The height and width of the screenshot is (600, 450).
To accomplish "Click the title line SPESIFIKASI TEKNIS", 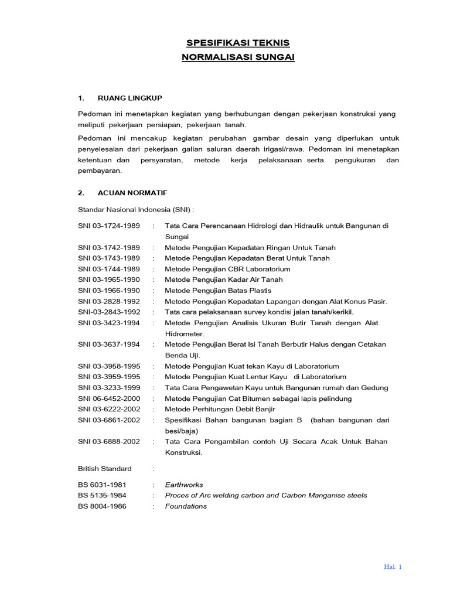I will point(237,43).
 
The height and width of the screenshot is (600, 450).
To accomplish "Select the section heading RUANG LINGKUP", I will point(129,97).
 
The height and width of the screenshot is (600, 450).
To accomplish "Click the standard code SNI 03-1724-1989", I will point(109,226).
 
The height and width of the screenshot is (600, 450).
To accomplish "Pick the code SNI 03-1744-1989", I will point(109,269).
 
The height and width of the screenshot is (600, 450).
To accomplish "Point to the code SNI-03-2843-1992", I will point(109,312).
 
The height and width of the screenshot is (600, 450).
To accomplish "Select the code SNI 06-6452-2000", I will point(109,398).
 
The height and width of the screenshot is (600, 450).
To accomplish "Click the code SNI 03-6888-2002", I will point(109,441).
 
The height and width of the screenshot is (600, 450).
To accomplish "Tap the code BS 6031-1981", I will point(102,485).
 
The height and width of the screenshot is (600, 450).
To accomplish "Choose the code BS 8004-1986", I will point(102,506).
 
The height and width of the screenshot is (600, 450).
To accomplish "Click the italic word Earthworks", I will point(184,485).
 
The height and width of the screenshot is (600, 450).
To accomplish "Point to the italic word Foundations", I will point(186,506).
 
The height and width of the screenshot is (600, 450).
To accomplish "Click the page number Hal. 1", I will point(393,567).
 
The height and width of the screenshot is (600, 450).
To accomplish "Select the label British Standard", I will point(105,468).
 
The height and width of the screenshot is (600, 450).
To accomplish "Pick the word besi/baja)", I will point(182,431).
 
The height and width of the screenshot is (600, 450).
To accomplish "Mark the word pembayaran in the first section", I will point(100,171).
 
